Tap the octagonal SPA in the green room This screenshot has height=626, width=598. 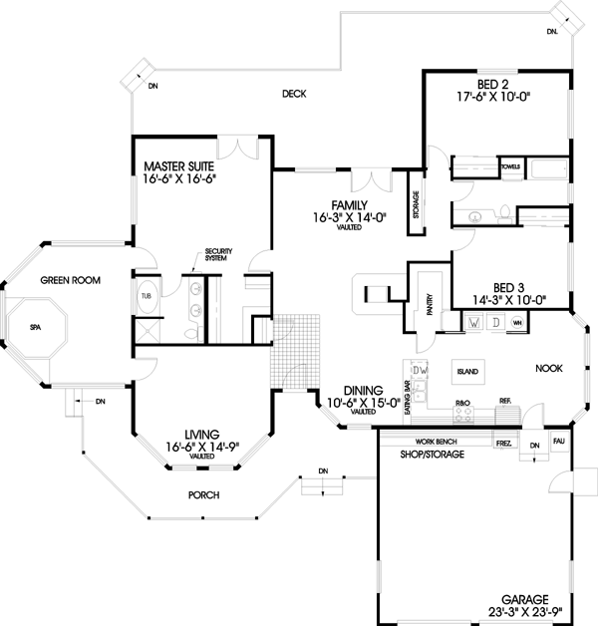(35, 327)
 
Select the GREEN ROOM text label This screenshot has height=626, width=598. (67, 281)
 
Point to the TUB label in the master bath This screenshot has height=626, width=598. (146, 296)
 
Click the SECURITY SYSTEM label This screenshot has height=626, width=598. (217, 255)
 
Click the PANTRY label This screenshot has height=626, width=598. (429, 305)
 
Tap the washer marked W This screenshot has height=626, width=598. (474, 324)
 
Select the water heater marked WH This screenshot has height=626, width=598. (517, 324)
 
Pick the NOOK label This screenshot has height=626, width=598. (549, 368)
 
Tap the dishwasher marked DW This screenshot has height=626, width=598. (420, 371)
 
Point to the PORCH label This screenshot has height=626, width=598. (202, 495)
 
